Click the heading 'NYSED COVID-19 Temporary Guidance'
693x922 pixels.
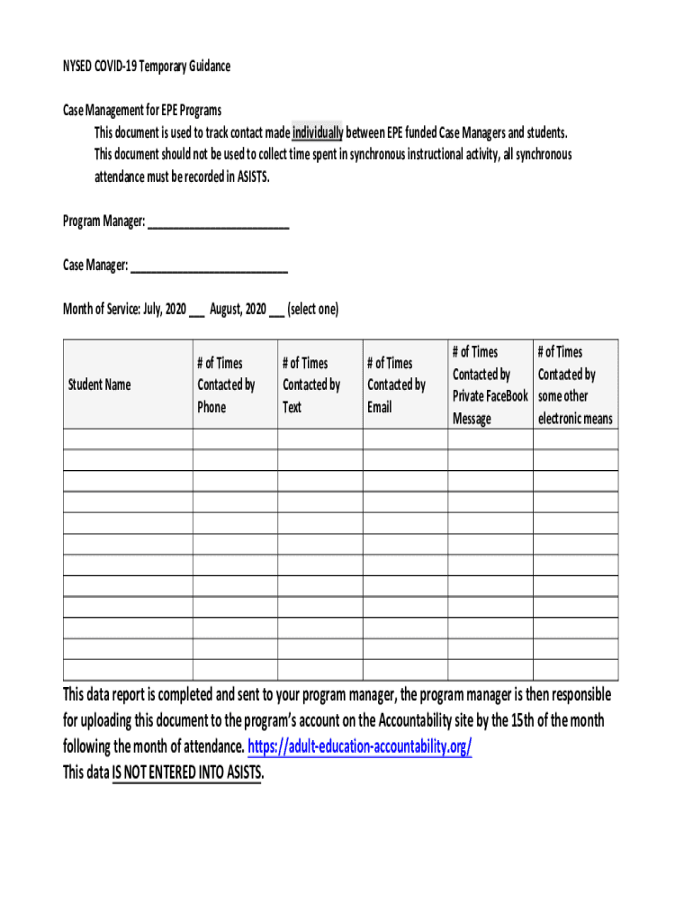tap(146, 67)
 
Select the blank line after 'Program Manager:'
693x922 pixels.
tap(218, 221)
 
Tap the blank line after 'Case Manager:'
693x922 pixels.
tap(209, 267)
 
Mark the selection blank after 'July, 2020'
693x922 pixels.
tap(196, 311)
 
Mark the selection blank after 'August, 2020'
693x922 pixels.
tap(276, 311)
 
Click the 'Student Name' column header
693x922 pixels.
tap(99, 385)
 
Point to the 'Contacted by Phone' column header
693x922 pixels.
tap(226, 385)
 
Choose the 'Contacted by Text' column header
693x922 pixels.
tap(311, 385)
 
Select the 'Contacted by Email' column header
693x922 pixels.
tap(396, 385)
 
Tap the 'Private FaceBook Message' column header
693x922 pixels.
tap(490, 385)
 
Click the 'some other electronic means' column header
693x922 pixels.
tap(575, 385)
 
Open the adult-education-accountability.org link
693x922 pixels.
tap(359, 747)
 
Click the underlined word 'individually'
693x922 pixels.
tap(317, 133)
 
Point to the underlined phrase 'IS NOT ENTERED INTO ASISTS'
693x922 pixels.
tap(187, 773)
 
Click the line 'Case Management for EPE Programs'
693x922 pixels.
tap(141, 111)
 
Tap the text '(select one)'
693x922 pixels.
tap(312, 310)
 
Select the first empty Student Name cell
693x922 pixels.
tap(127, 438)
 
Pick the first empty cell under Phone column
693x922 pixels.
tap(234, 438)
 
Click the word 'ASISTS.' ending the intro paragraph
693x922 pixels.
tap(253, 177)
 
